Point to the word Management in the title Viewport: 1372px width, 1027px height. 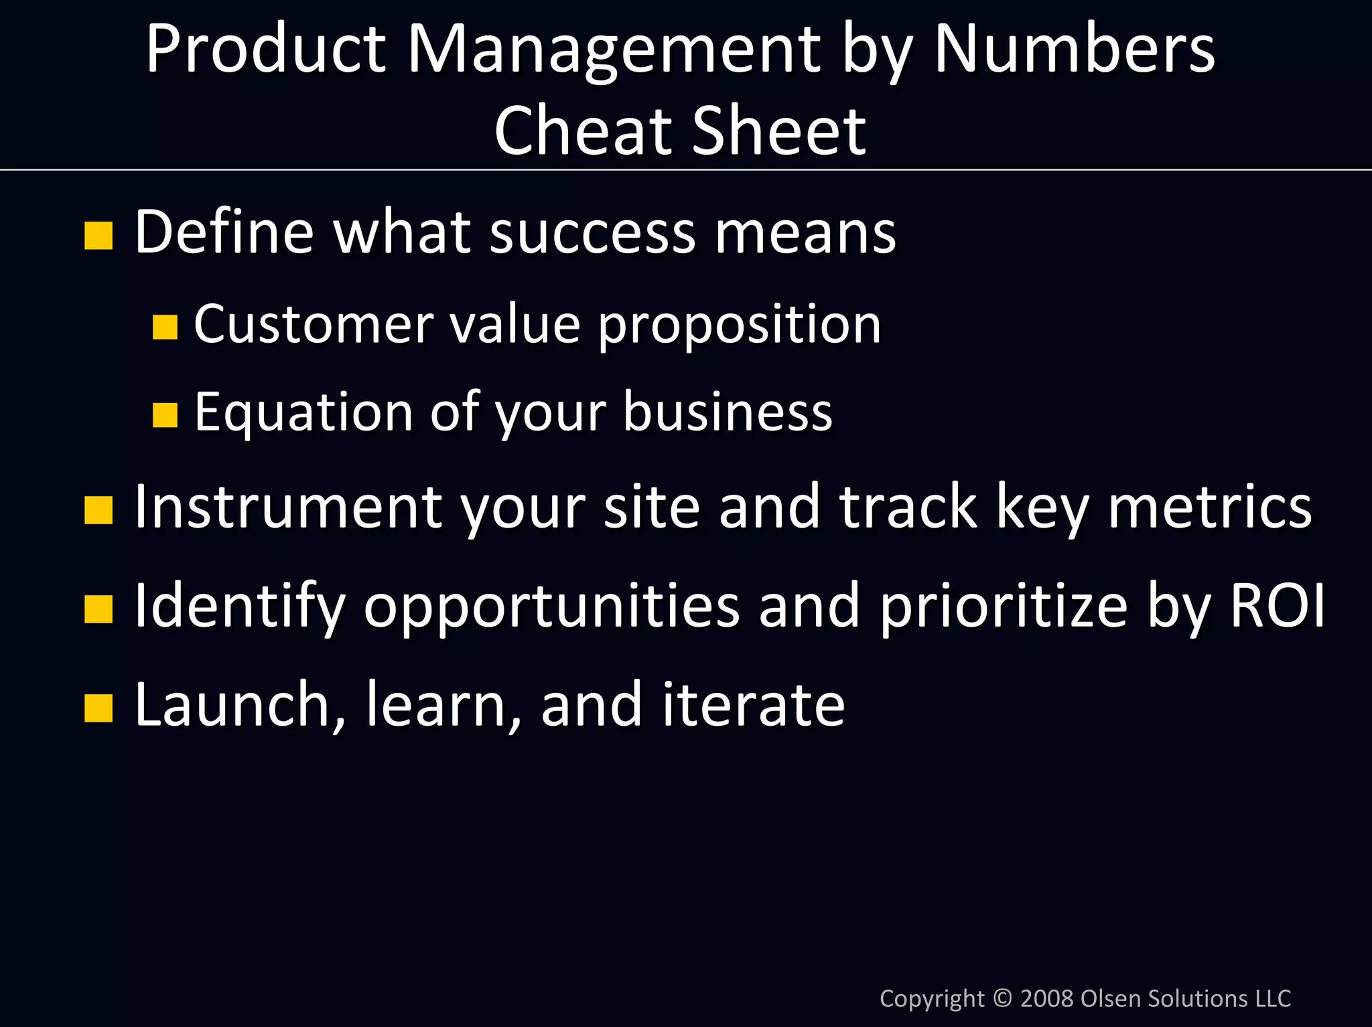tap(614, 50)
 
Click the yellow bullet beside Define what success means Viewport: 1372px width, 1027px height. tap(98, 236)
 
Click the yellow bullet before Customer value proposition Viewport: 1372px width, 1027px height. tap(165, 327)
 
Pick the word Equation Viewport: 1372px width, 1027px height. tap(303, 412)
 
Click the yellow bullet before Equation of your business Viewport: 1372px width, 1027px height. tap(165, 414)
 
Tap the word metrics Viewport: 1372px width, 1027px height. tap(1210, 507)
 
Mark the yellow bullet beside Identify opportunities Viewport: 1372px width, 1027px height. tap(98, 609)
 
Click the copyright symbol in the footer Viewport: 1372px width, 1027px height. tap(1002, 998)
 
